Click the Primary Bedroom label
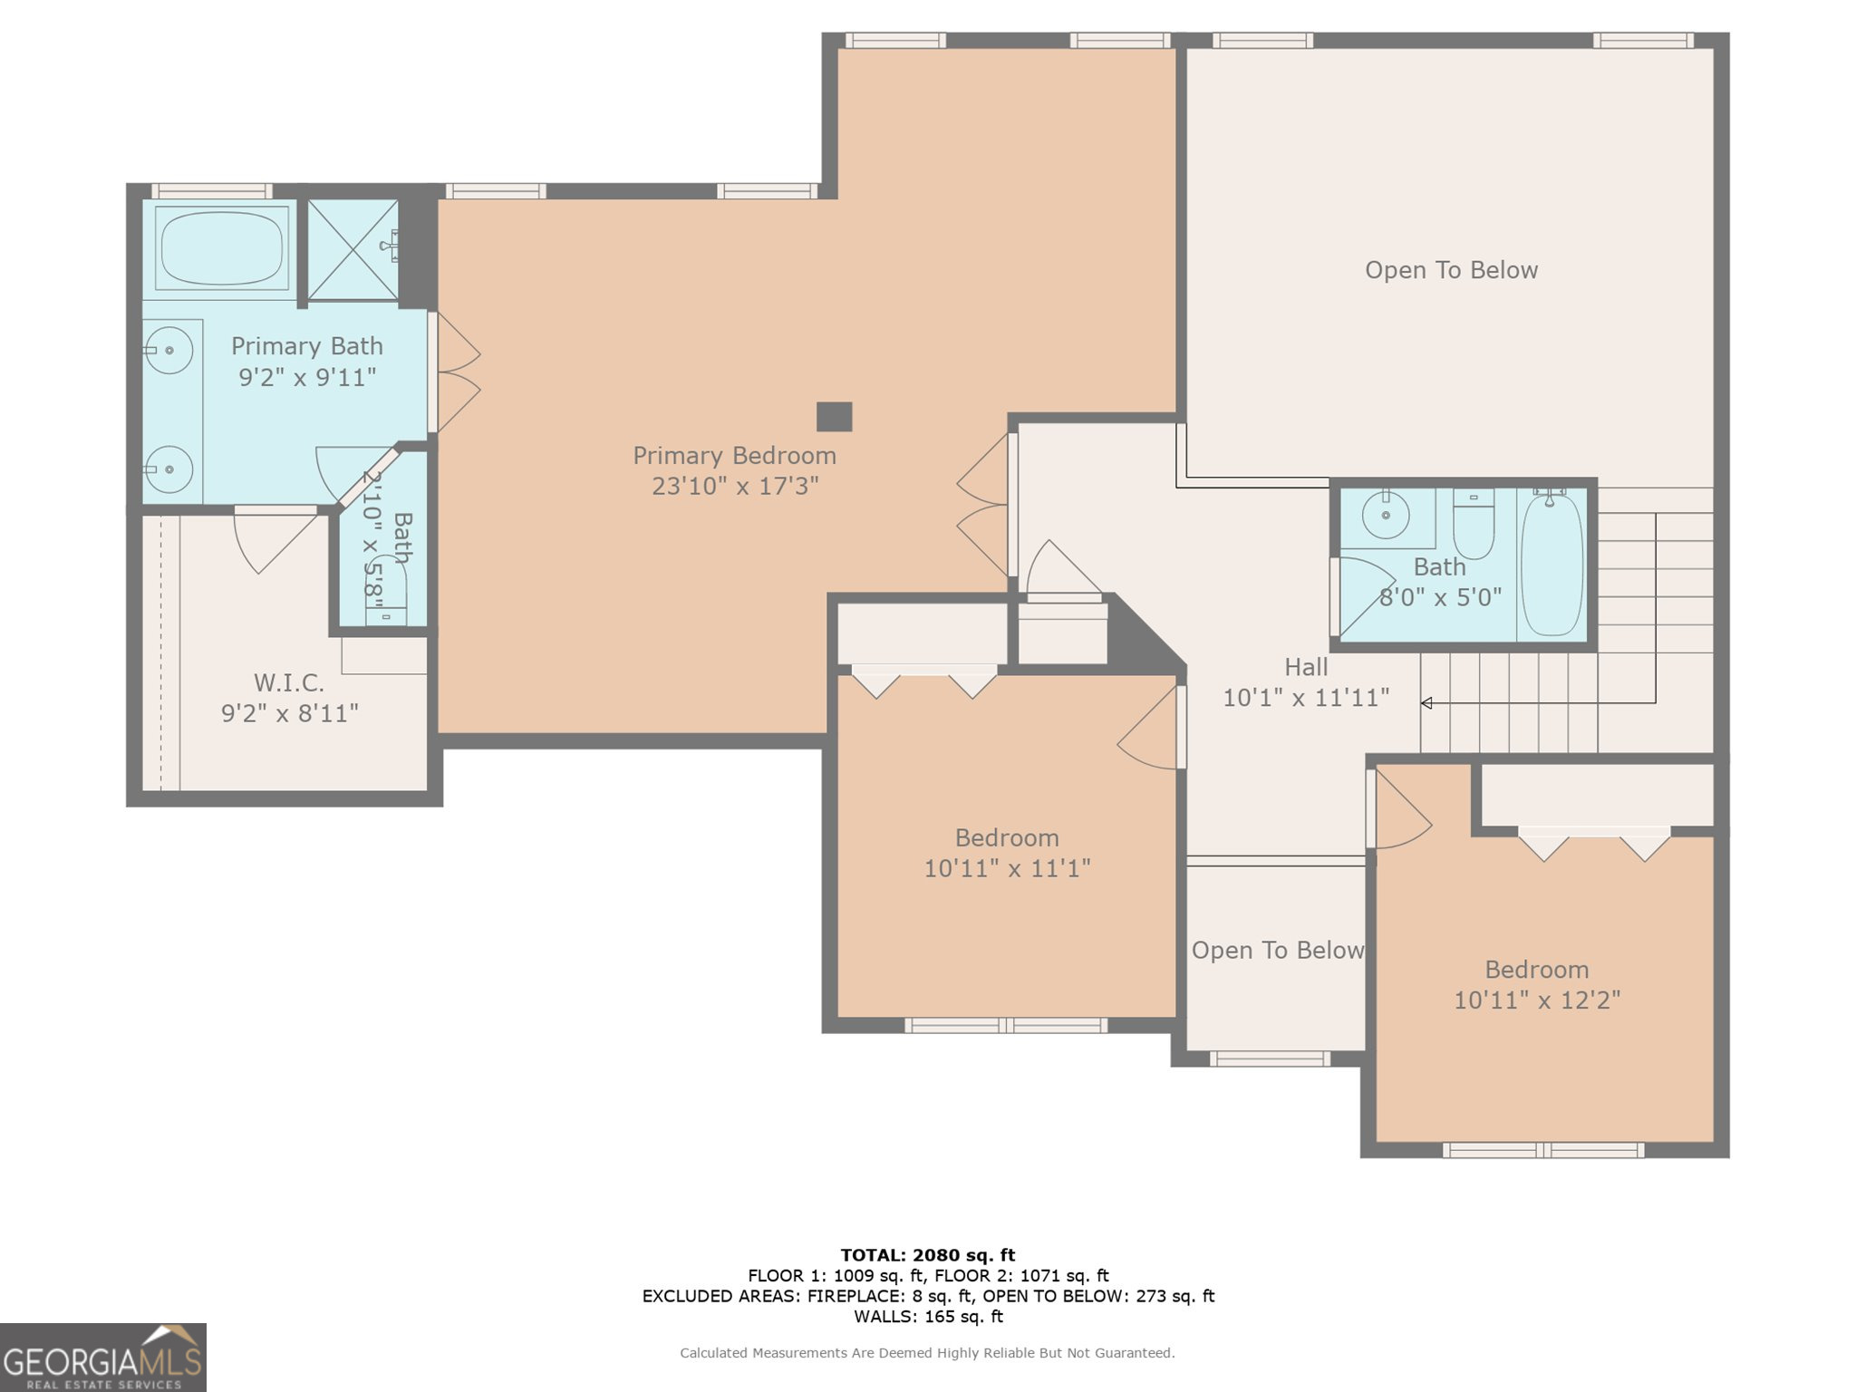coord(734,455)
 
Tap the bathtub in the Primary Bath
coord(221,247)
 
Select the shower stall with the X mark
coord(353,250)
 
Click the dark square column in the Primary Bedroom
coord(834,417)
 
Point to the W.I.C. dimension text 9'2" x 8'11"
coord(290,713)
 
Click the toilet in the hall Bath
coord(1474,523)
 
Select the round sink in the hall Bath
coord(1386,515)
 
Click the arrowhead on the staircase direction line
coord(1426,703)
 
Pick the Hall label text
coord(1306,667)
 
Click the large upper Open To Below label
coord(1451,270)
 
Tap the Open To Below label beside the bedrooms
coord(1277,950)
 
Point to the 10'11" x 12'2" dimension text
coord(1537,1000)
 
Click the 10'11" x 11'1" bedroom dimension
coord(1007,868)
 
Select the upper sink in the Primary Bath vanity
coord(169,350)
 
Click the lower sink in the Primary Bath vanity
coord(169,469)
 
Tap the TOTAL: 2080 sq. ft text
coord(928,1255)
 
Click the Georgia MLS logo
coord(102,1358)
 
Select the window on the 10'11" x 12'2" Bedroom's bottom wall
coord(1543,1151)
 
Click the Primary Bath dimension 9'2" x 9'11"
coord(307,377)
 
